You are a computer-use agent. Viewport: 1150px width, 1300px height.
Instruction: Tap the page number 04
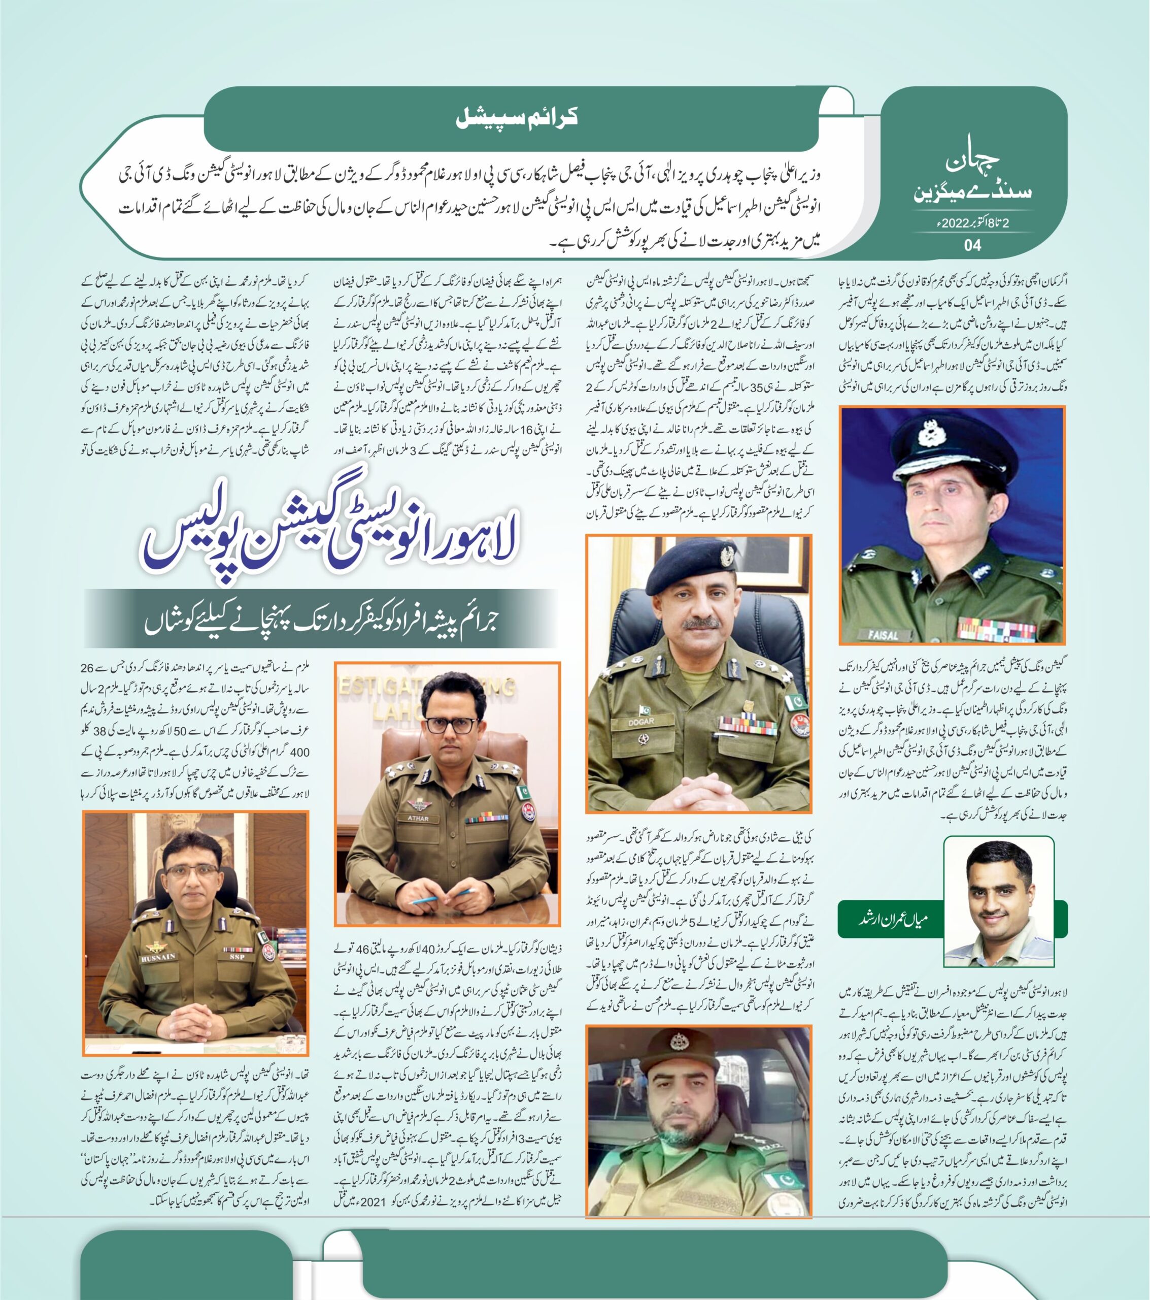972,245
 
